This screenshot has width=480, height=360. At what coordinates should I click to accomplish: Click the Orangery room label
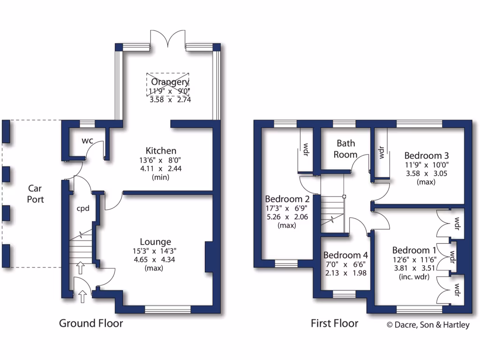[x=170, y=82]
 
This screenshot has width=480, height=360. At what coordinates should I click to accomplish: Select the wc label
[x=87, y=141]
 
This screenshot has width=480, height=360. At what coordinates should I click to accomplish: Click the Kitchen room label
[x=161, y=150]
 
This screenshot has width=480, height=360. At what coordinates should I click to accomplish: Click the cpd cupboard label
[x=83, y=209]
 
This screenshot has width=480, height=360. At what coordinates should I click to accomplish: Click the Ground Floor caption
[x=91, y=323]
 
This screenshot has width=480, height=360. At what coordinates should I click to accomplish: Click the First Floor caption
[x=334, y=323]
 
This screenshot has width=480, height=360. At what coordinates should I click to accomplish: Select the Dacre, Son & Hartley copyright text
[x=427, y=324]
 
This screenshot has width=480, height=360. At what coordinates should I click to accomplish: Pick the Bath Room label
[x=346, y=149]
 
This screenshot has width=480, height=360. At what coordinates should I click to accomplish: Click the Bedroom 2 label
[x=285, y=198]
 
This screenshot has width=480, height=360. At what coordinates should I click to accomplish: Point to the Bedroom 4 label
[x=345, y=255]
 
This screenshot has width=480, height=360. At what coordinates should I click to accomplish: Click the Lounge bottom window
[x=167, y=309]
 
